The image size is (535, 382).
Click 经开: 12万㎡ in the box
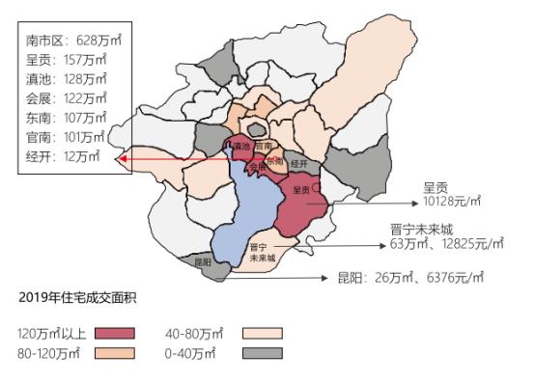coord(64,156)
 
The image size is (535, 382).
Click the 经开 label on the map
coord(298,165)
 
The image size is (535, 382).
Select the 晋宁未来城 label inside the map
coord(262,253)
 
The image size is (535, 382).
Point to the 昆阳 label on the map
coord(202,261)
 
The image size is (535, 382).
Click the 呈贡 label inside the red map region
coord(300,190)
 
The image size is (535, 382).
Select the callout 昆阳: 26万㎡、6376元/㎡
coord(428,278)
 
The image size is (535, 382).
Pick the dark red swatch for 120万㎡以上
coord(115,333)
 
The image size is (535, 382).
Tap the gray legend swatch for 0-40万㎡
coord(262,353)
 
